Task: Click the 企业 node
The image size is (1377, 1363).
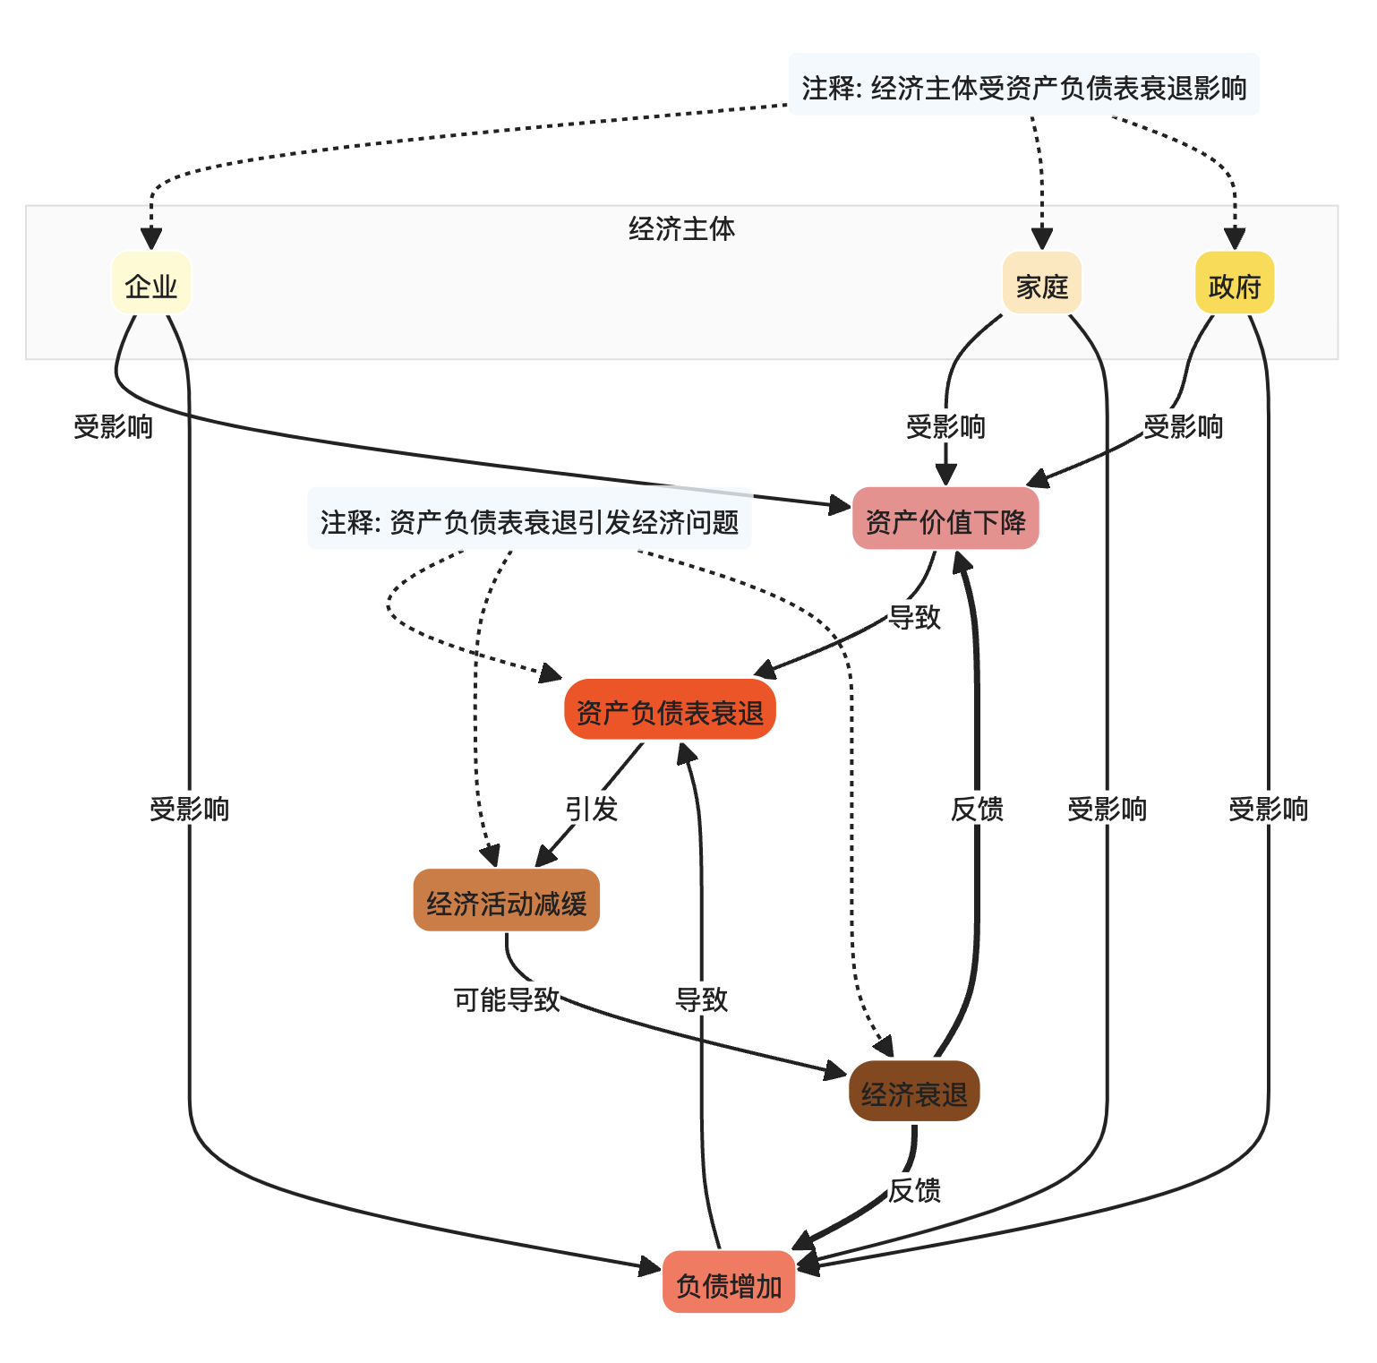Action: [151, 283]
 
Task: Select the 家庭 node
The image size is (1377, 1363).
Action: [1042, 283]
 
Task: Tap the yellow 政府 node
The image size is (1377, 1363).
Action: [1235, 283]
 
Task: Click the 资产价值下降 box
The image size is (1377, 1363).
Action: [945, 519]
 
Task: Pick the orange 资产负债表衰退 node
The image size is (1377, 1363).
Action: [670, 709]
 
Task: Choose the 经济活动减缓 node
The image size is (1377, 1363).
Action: [507, 900]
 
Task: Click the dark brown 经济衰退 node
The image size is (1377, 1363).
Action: [914, 1091]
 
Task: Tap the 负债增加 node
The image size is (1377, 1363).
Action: [729, 1282]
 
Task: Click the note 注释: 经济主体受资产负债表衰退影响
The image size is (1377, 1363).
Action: [1024, 85]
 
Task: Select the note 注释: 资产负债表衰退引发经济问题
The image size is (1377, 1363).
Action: [529, 519]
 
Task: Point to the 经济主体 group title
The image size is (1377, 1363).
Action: [681, 229]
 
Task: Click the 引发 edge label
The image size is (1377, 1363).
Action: [591, 809]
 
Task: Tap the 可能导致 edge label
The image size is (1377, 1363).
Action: [507, 999]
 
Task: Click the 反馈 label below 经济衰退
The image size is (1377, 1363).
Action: [914, 1190]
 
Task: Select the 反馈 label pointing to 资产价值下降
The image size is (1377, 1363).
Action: [977, 809]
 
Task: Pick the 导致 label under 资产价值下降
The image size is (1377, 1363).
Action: [914, 617]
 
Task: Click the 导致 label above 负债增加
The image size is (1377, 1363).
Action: [702, 999]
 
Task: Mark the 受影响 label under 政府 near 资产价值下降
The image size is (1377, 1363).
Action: [1183, 426]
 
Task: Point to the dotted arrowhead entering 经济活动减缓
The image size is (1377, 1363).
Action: [490, 856]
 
